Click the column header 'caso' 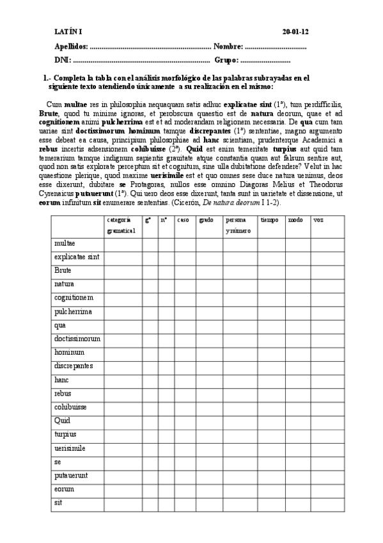183,220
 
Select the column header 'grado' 206,220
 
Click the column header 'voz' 318,220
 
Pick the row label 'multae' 65,243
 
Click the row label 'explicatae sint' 76,257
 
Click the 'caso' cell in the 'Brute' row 185,270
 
